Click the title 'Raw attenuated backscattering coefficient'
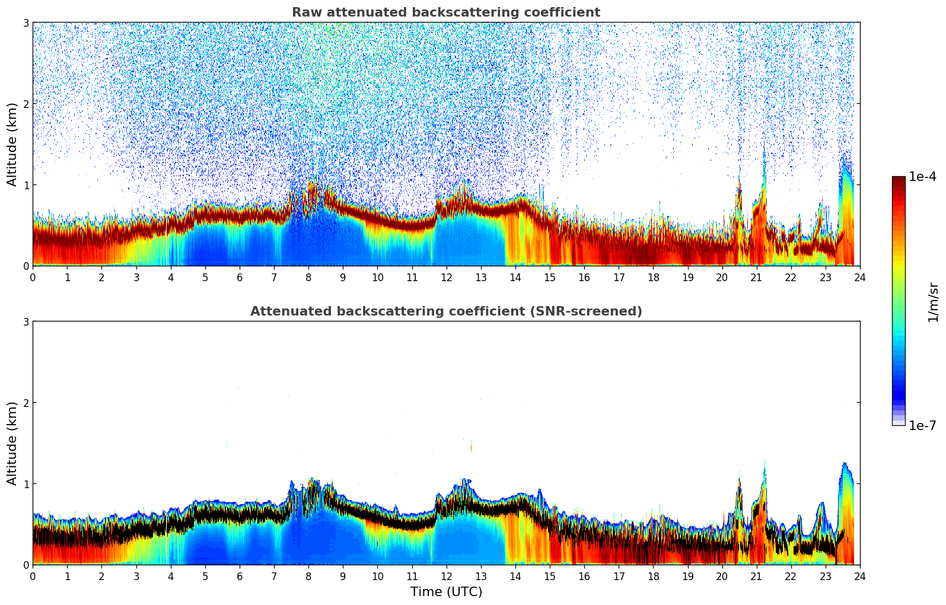click(445, 12)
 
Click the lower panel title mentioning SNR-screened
click(445, 311)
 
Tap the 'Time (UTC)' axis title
click(446, 592)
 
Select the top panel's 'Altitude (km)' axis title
click(12, 144)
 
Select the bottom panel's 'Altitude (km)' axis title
click(12, 443)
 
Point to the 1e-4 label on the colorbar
click(922, 177)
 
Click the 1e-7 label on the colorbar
click(922, 425)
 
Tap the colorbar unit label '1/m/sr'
click(933, 302)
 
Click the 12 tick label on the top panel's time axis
click(446, 277)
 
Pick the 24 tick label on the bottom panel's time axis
click(859, 576)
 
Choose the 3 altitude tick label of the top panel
click(26, 23)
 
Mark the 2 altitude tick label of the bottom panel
click(26, 403)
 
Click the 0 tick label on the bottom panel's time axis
click(33, 576)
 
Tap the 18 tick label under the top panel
click(653, 277)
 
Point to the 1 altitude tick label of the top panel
click(26, 185)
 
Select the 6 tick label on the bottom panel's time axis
click(240, 576)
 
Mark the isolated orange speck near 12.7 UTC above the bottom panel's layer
click(472, 447)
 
